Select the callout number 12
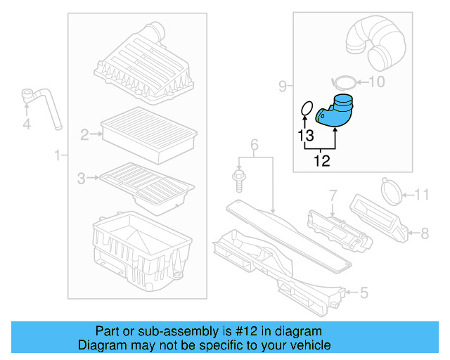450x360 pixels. click(321, 161)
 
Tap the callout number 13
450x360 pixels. click(304, 134)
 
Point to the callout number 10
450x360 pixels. click(377, 82)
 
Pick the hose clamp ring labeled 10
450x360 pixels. click(342, 80)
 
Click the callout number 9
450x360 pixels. click(282, 86)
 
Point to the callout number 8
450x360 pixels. click(424, 231)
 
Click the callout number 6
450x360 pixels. click(255, 146)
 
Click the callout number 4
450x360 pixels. click(27, 124)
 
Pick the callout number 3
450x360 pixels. click(82, 179)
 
